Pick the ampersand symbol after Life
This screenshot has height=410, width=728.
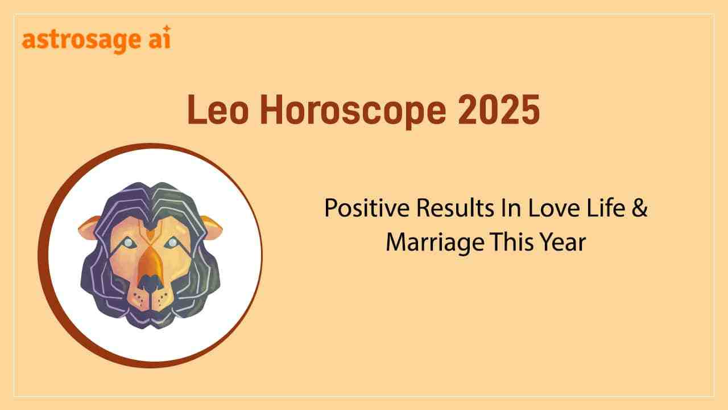(640, 208)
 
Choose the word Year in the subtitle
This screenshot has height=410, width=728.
(562, 243)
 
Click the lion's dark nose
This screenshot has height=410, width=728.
(150, 281)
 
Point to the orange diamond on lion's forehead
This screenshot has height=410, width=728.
(150, 233)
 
